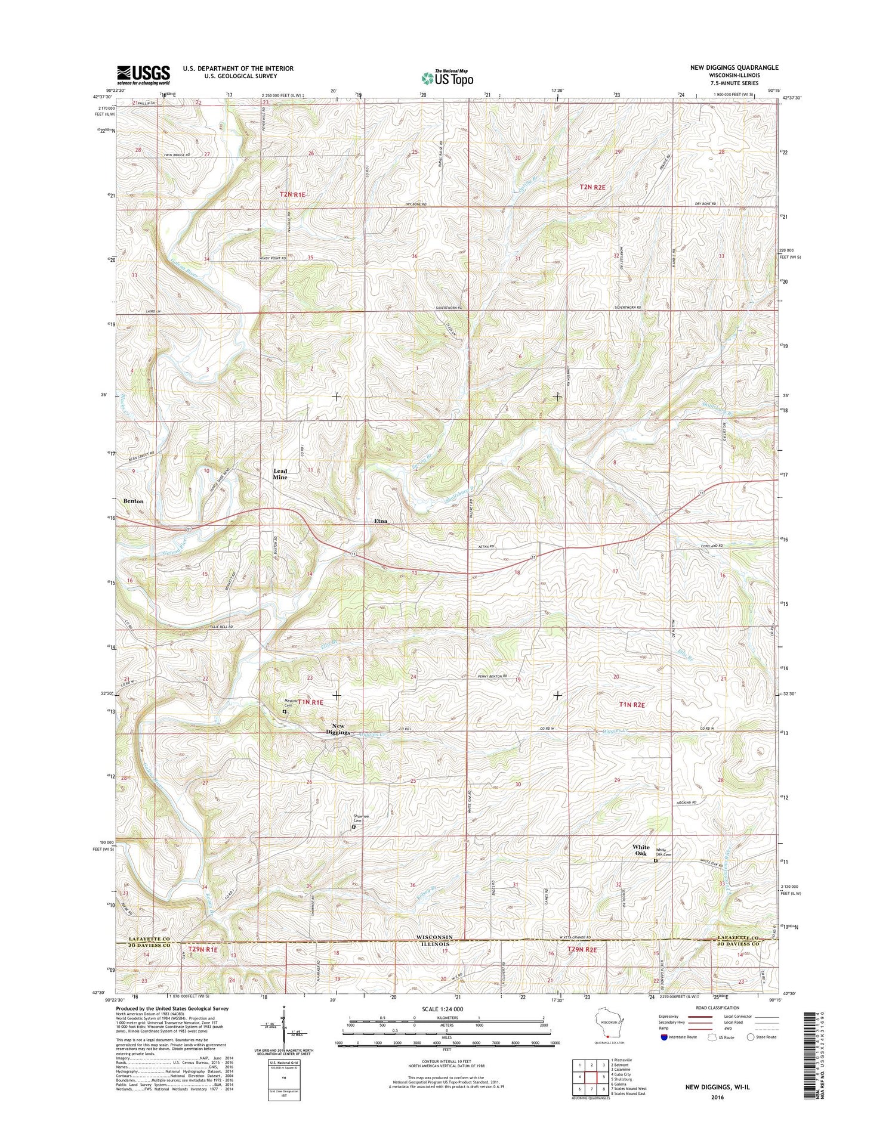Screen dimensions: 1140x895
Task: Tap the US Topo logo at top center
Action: (x=447, y=78)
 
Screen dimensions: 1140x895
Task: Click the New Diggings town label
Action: (x=338, y=729)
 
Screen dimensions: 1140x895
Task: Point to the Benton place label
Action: (x=134, y=501)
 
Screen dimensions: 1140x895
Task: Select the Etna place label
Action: (x=381, y=521)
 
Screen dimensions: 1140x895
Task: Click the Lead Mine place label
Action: (x=280, y=475)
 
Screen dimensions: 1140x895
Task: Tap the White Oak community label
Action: (x=641, y=850)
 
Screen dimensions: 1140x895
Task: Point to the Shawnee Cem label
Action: (x=362, y=819)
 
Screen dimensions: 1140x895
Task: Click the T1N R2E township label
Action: (x=632, y=705)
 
